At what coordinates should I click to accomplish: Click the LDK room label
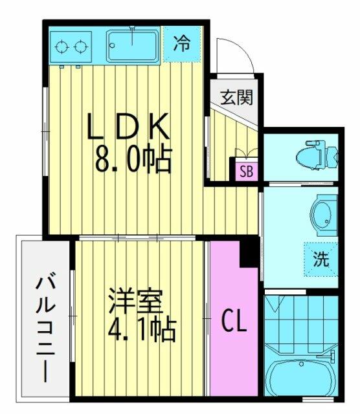128,126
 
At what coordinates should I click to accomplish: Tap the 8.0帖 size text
133,158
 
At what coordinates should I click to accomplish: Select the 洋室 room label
136,301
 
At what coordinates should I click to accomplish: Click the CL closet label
234,320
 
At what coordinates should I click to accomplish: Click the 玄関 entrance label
236,97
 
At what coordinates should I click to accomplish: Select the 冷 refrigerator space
181,43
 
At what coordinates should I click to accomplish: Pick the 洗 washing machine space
321,259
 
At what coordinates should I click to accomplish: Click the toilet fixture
317,156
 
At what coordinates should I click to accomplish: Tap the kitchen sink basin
133,47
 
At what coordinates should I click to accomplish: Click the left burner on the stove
62,47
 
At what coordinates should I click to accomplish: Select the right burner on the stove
81,47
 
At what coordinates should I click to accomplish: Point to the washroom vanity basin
324,215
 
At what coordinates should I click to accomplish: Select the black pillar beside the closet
249,252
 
